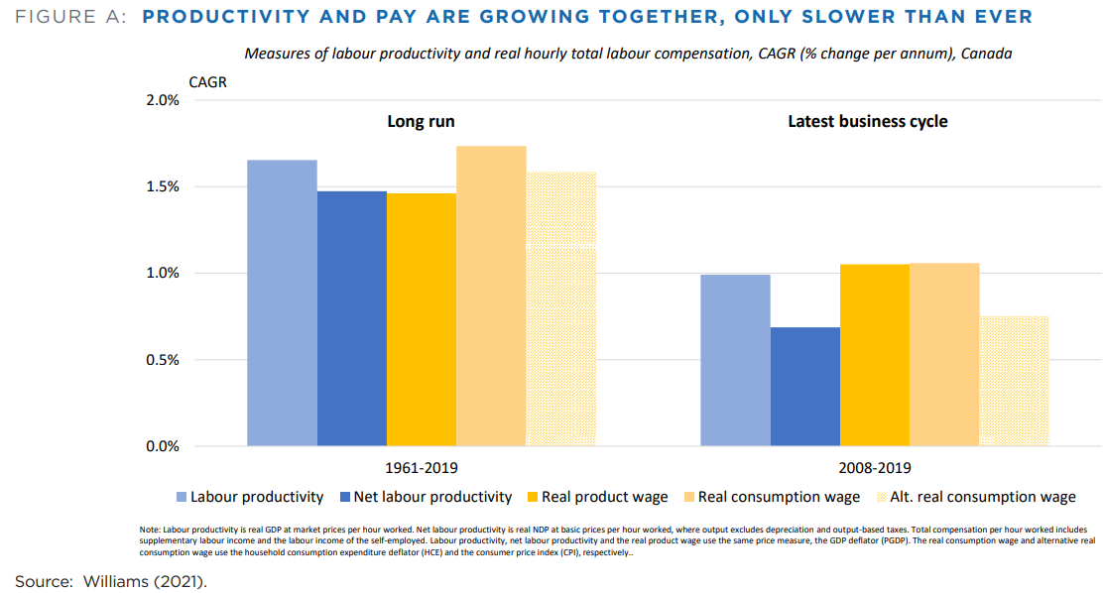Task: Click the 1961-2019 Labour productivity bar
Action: [282, 302]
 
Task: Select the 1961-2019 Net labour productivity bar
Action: [352, 318]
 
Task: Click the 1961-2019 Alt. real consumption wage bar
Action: [561, 308]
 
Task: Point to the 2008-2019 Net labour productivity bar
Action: [804, 387]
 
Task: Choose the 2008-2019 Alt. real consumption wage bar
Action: [1014, 381]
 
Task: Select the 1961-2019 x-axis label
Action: [422, 467]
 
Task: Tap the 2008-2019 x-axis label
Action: [875, 467]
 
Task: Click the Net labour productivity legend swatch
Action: [345, 497]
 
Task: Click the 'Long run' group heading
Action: [421, 122]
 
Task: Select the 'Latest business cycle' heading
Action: [867, 122]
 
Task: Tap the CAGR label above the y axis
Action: [208, 82]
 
